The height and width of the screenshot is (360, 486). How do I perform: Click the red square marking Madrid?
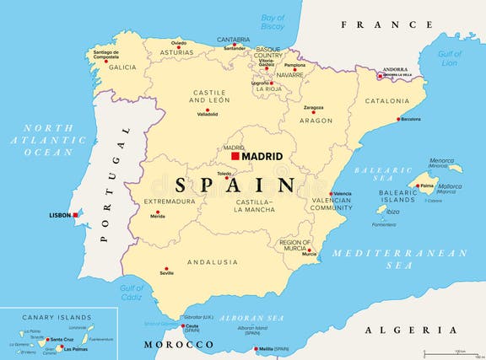point(235,156)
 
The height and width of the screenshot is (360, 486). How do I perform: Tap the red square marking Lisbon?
point(75,215)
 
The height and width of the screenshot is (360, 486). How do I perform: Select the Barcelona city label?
point(411,120)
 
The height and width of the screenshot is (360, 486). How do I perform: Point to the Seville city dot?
point(165,271)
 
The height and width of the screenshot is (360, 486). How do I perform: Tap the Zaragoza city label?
point(314,108)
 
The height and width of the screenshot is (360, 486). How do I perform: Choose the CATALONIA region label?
point(387,101)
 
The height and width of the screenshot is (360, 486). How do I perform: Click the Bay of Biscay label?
point(273,22)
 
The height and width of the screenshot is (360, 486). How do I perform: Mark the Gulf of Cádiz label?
point(131,293)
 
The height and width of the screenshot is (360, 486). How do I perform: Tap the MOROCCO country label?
point(177,344)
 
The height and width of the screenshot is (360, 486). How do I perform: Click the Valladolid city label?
point(207,114)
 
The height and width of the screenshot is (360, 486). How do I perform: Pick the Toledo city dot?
point(227,177)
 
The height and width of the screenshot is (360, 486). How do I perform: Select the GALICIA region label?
point(121,67)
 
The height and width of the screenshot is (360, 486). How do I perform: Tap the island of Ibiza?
point(382,209)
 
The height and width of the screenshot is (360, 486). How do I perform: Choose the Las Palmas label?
point(75,348)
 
